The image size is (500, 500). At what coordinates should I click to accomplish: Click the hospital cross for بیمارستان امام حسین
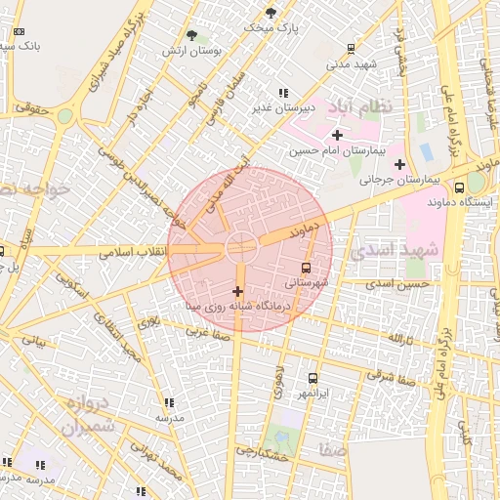[x=338, y=135]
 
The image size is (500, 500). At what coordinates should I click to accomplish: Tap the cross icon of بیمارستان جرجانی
[x=399, y=163]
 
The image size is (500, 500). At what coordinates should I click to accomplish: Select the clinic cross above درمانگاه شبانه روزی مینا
[x=237, y=291]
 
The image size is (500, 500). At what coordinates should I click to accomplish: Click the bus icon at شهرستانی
[x=307, y=267]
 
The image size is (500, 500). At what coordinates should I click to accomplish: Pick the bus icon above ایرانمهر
[x=312, y=378]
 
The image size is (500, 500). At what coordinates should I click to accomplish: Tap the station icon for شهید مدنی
[x=352, y=48]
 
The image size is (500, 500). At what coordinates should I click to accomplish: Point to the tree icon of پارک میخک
[x=271, y=14]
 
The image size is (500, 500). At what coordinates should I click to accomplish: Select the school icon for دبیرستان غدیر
[x=283, y=93]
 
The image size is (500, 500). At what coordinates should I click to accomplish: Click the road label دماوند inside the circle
[x=305, y=230]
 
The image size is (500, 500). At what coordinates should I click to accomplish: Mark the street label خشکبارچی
[x=261, y=453]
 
